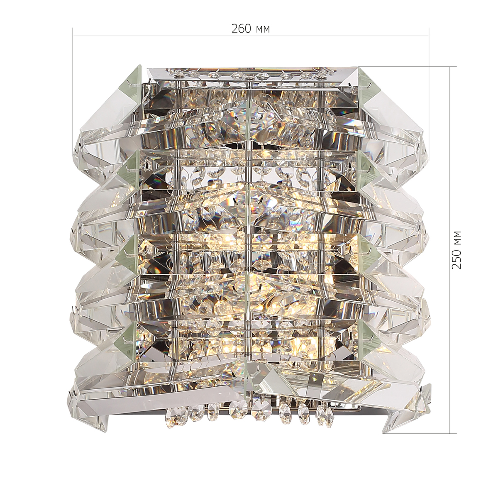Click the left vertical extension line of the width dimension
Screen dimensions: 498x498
(x=73, y=89)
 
